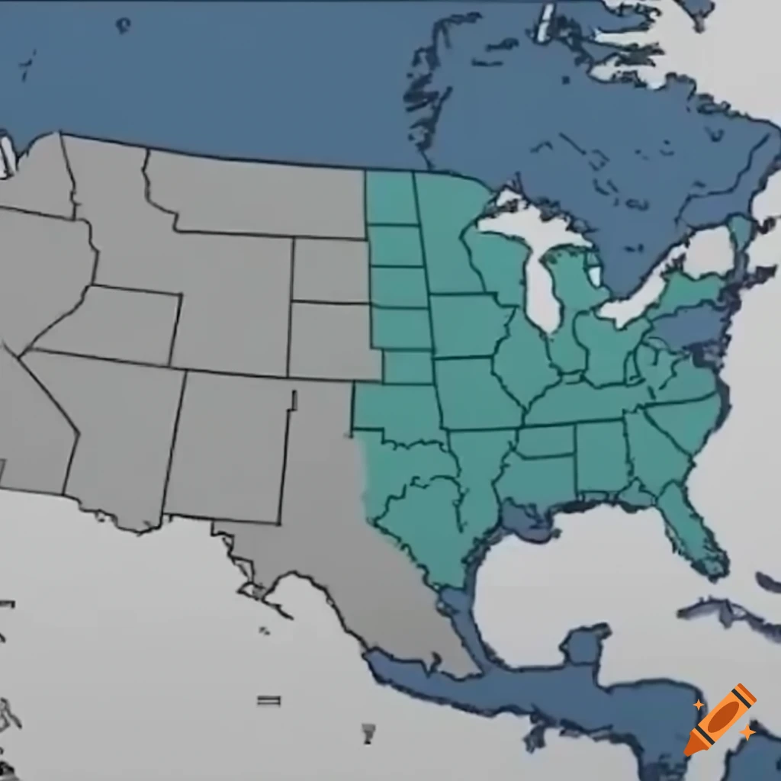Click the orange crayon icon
point(721,718)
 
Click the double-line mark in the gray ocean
point(268,700)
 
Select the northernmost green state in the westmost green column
point(390,198)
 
